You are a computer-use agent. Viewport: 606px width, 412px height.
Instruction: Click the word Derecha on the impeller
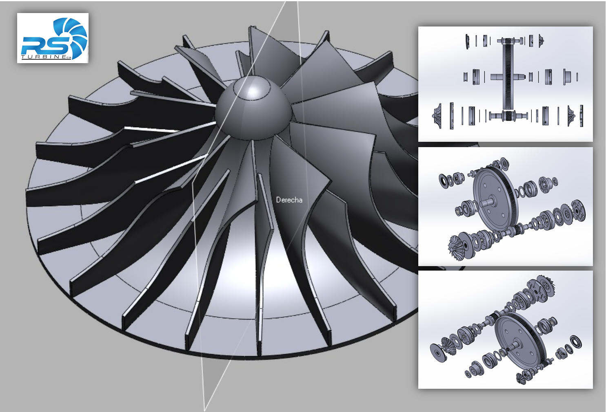click(289, 200)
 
